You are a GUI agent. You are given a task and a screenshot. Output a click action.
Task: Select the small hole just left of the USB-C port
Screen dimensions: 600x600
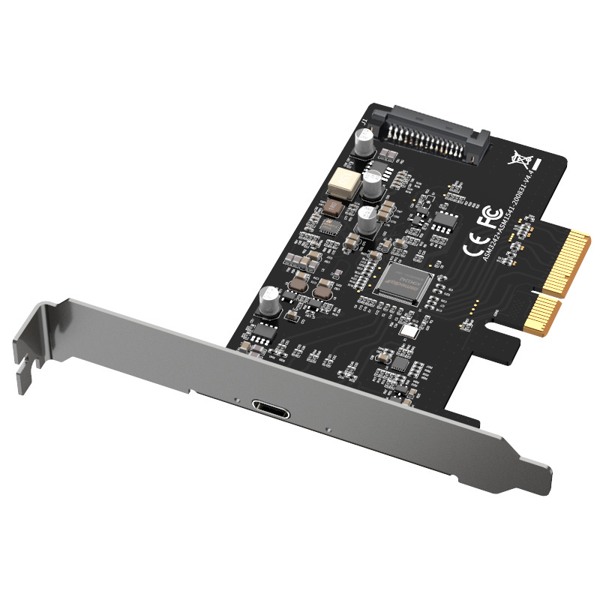[x=235, y=400]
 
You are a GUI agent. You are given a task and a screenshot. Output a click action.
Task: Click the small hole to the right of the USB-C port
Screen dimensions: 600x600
[x=328, y=428]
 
